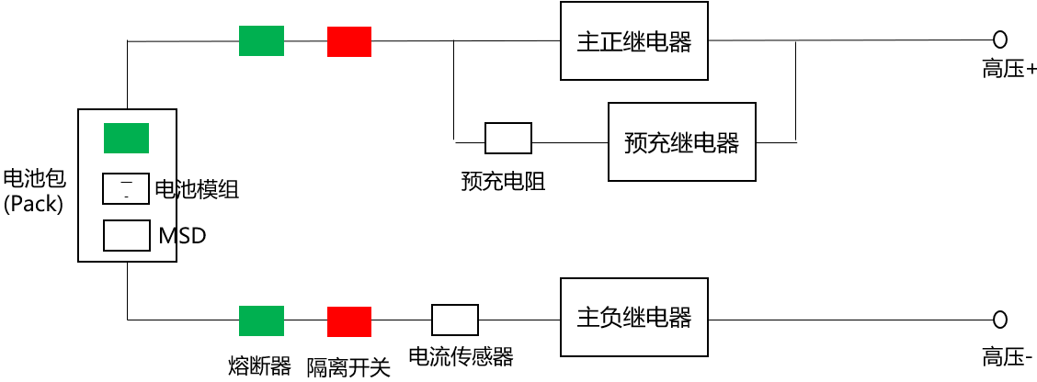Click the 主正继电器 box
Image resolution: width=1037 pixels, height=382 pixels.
[x=634, y=41]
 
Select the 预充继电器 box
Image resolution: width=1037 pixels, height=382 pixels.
[x=681, y=142]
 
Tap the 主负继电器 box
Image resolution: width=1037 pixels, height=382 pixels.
[x=634, y=318]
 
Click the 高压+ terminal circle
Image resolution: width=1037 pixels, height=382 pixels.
[x=1000, y=39]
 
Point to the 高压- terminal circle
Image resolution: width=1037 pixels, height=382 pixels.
[x=1000, y=319]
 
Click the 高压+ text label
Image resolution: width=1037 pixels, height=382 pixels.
[x=1009, y=69]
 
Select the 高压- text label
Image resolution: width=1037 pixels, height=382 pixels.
[x=1008, y=357]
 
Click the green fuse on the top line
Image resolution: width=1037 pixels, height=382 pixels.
[x=261, y=41]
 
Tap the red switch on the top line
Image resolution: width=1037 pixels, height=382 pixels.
[x=349, y=41]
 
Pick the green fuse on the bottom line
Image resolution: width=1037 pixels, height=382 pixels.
[x=261, y=320]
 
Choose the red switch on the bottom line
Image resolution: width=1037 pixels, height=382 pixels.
[x=349, y=321]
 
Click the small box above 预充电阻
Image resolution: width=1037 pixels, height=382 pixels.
[x=507, y=139]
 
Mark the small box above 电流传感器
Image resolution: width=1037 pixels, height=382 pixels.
[x=455, y=320]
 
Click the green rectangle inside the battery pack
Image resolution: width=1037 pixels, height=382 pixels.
[x=126, y=139]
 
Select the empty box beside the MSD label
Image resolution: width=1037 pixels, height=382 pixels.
[x=126, y=235]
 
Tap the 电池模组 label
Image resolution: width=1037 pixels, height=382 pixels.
[x=197, y=190]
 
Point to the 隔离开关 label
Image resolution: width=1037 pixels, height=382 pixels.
[x=348, y=367]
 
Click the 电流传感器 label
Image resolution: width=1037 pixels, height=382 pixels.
[x=460, y=356]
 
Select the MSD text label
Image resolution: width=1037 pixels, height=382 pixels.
[x=182, y=236]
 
